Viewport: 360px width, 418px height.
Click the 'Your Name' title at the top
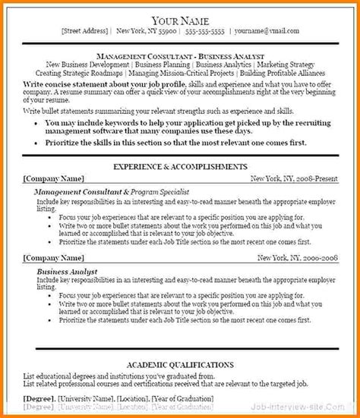(x=180, y=20)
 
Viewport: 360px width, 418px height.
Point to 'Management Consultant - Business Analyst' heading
(x=179, y=57)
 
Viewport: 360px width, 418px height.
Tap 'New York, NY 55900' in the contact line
(x=143, y=33)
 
